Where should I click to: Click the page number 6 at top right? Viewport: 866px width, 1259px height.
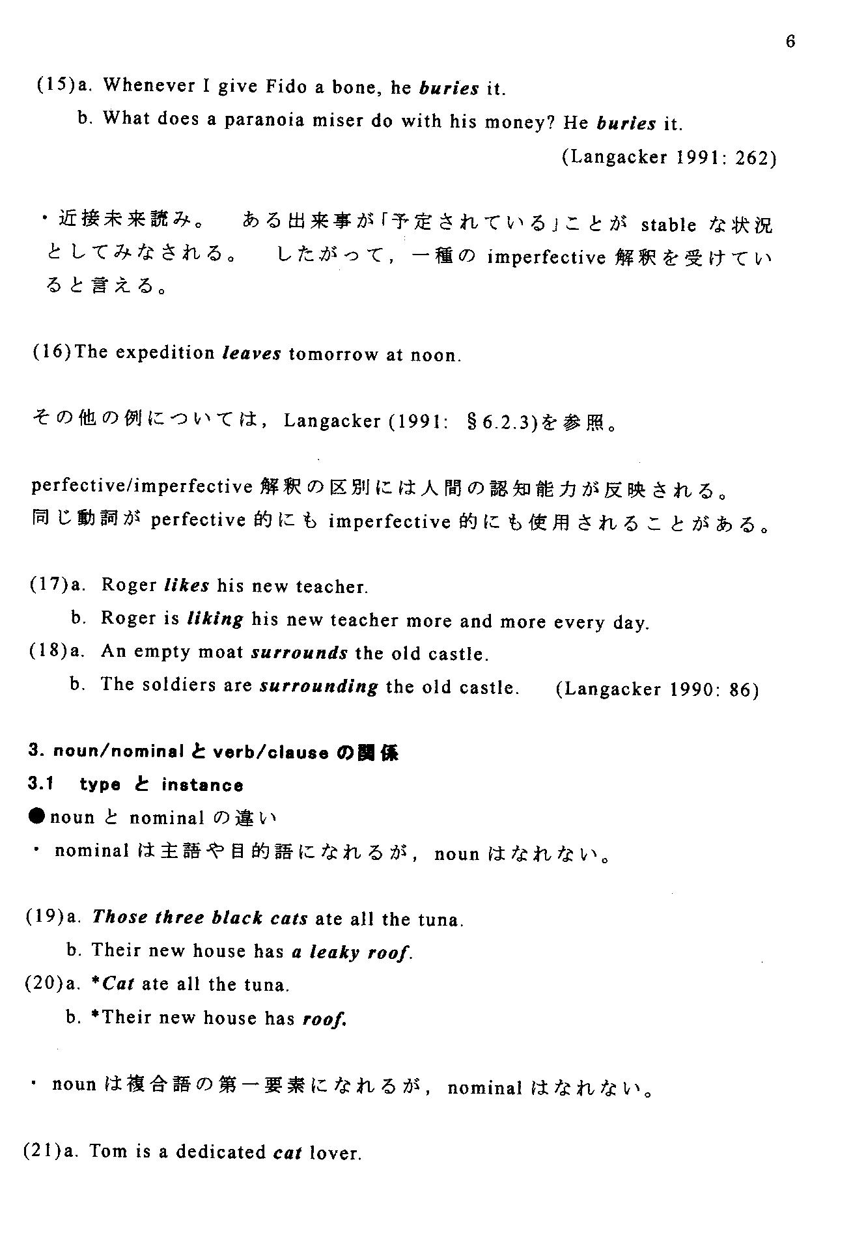(790, 42)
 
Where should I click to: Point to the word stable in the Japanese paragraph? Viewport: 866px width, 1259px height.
(668, 226)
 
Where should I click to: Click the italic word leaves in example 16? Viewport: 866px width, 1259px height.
(252, 354)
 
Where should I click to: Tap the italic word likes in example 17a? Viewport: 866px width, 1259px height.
(187, 586)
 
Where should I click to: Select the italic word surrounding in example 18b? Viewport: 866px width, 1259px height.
(318, 687)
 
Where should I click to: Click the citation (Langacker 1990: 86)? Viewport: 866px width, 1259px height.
(657, 689)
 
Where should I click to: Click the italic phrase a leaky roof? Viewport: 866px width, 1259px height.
(352, 952)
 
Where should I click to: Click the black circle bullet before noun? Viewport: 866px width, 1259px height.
(38, 817)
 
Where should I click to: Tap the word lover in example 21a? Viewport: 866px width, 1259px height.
(335, 1154)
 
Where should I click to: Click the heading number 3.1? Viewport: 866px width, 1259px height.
(40, 784)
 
